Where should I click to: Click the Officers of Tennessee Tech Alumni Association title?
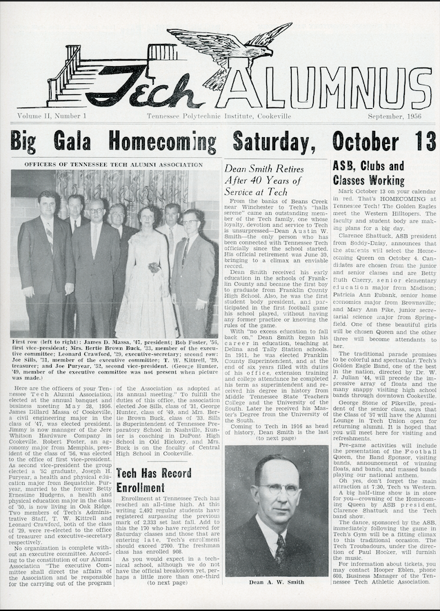click(114, 165)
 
